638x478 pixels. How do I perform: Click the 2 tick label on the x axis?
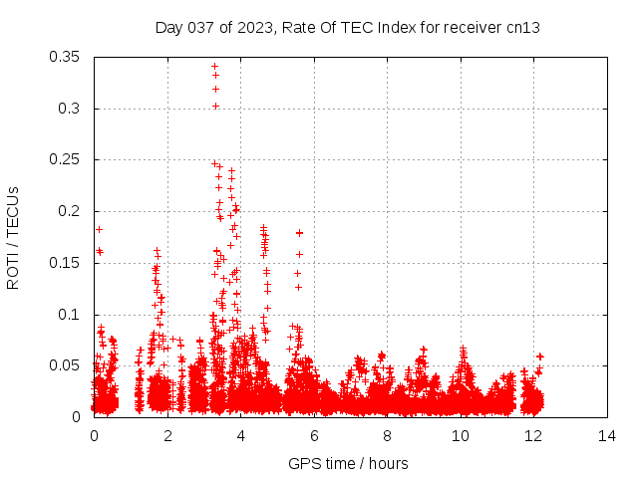pos(167,436)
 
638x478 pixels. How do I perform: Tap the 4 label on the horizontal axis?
pos(240,436)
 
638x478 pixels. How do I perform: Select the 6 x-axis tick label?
pos(314,436)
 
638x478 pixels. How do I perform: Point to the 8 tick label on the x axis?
pos(387,436)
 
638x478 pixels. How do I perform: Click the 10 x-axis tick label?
pos(461,436)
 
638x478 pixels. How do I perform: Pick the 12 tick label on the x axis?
pos(534,436)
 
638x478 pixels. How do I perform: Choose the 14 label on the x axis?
pos(607,436)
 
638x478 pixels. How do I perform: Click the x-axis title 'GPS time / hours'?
pos(348,463)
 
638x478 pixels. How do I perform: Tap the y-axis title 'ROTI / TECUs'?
pos(13,237)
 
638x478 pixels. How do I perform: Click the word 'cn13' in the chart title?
pos(521,27)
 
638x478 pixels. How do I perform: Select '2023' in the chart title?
pos(254,27)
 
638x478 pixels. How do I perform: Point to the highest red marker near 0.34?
pos(214,67)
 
